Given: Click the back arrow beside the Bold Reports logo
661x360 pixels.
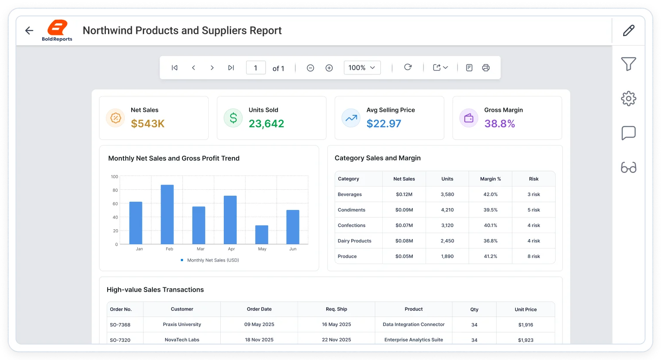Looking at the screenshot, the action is pyautogui.click(x=29, y=31).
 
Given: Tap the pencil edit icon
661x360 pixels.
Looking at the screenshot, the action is pyautogui.click(x=629, y=31).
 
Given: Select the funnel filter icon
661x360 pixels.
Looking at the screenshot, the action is pyautogui.click(x=629, y=64).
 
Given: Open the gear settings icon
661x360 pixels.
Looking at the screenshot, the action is pyautogui.click(x=629, y=98).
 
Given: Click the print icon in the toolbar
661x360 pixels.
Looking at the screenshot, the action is pyautogui.click(x=486, y=68).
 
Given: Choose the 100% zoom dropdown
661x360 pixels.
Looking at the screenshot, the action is pyautogui.click(x=362, y=68).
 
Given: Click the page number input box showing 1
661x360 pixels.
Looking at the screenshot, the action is pyautogui.click(x=256, y=68).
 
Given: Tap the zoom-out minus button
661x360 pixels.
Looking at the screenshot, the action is pyautogui.click(x=310, y=68).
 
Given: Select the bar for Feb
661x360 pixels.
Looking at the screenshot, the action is pyautogui.click(x=167, y=214).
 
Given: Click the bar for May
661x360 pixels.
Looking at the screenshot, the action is pyautogui.click(x=262, y=235).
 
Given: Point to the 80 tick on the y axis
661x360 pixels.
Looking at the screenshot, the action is pyautogui.click(x=115, y=190).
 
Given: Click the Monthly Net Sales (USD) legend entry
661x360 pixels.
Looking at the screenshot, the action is pyautogui.click(x=210, y=260).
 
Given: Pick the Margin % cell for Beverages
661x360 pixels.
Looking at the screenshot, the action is pyautogui.click(x=491, y=194).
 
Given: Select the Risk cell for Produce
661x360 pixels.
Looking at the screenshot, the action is pyautogui.click(x=534, y=256).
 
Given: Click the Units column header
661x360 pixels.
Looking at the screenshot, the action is pyautogui.click(x=448, y=178).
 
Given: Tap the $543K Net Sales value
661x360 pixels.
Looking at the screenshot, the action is pyautogui.click(x=148, y=123).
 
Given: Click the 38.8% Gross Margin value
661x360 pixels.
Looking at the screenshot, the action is pyautogui.click(x=500, y=123).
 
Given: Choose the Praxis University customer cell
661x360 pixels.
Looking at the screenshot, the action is pyautogui.click(x=182, y=324).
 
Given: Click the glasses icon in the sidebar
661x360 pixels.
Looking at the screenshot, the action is pyautogui.click(x=629, y=167).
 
